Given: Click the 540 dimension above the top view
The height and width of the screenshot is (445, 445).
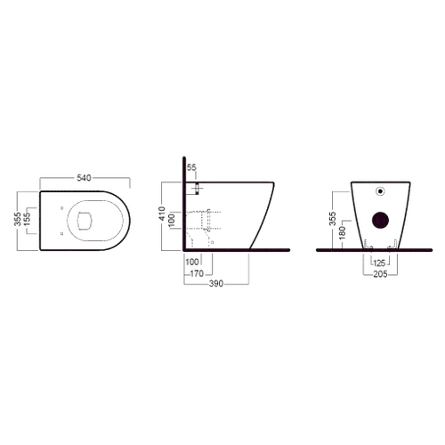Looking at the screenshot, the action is click(x=84, y=178).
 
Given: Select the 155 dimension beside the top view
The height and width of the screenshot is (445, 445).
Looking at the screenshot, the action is click(x=28, y=219).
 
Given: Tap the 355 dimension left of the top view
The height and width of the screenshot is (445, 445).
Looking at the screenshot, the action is click(x=18, y=219).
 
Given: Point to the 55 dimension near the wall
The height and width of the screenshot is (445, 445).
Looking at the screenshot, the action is click(x=191, y=167).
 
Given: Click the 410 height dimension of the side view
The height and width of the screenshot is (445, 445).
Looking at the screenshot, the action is click(x=162, y=214).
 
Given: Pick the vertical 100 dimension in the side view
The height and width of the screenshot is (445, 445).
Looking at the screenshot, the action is click(x=172, y=221).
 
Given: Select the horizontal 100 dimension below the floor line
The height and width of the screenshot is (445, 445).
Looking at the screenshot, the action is click(x=192, y=262).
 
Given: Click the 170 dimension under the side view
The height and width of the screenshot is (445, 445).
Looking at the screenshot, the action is click(x=197, y=273).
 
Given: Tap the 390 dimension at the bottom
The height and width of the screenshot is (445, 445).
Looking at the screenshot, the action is click(x=216, y=284).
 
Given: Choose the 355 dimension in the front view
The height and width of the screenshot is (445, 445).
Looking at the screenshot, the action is click(x=333, y=219).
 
